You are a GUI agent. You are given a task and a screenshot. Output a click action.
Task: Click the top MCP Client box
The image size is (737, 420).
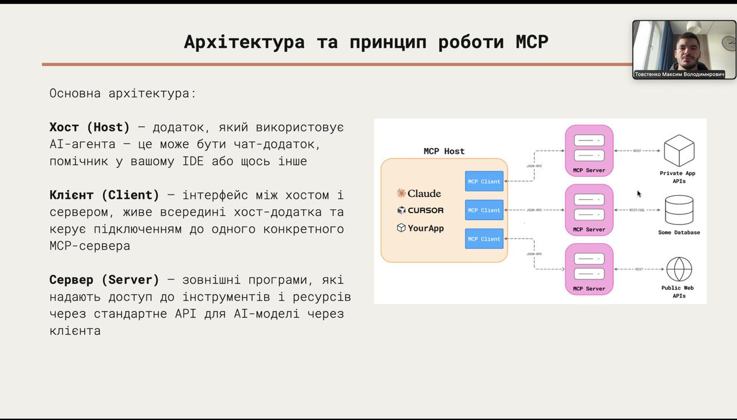point(484,181)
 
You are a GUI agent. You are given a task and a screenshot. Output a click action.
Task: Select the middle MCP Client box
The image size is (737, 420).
point(484,210)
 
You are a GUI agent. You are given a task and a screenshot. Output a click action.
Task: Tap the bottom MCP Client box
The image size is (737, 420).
point(484,239)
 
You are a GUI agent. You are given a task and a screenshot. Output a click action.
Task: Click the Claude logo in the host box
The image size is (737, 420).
point(419,194)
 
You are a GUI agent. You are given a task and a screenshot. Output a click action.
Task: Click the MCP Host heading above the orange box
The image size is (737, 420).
point(444,151)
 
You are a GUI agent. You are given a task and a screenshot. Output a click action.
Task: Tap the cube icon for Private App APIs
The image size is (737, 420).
point(679,150)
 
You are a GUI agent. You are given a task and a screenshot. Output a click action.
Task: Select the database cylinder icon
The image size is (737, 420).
point(679,210)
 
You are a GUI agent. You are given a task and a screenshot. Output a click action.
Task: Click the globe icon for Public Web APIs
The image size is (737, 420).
point(679,269)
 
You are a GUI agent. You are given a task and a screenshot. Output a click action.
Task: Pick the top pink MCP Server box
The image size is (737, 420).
point(589,150)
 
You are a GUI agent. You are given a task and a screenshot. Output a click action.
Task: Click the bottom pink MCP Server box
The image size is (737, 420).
point(589,269)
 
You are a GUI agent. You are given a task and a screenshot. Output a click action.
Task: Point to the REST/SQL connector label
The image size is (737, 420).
point(637,210)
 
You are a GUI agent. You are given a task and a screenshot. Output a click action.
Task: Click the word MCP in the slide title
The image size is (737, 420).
point(531,42)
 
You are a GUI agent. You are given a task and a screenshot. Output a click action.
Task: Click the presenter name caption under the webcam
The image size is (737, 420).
point(679,74)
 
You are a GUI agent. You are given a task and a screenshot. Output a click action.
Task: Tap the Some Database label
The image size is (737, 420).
point(679,233)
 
